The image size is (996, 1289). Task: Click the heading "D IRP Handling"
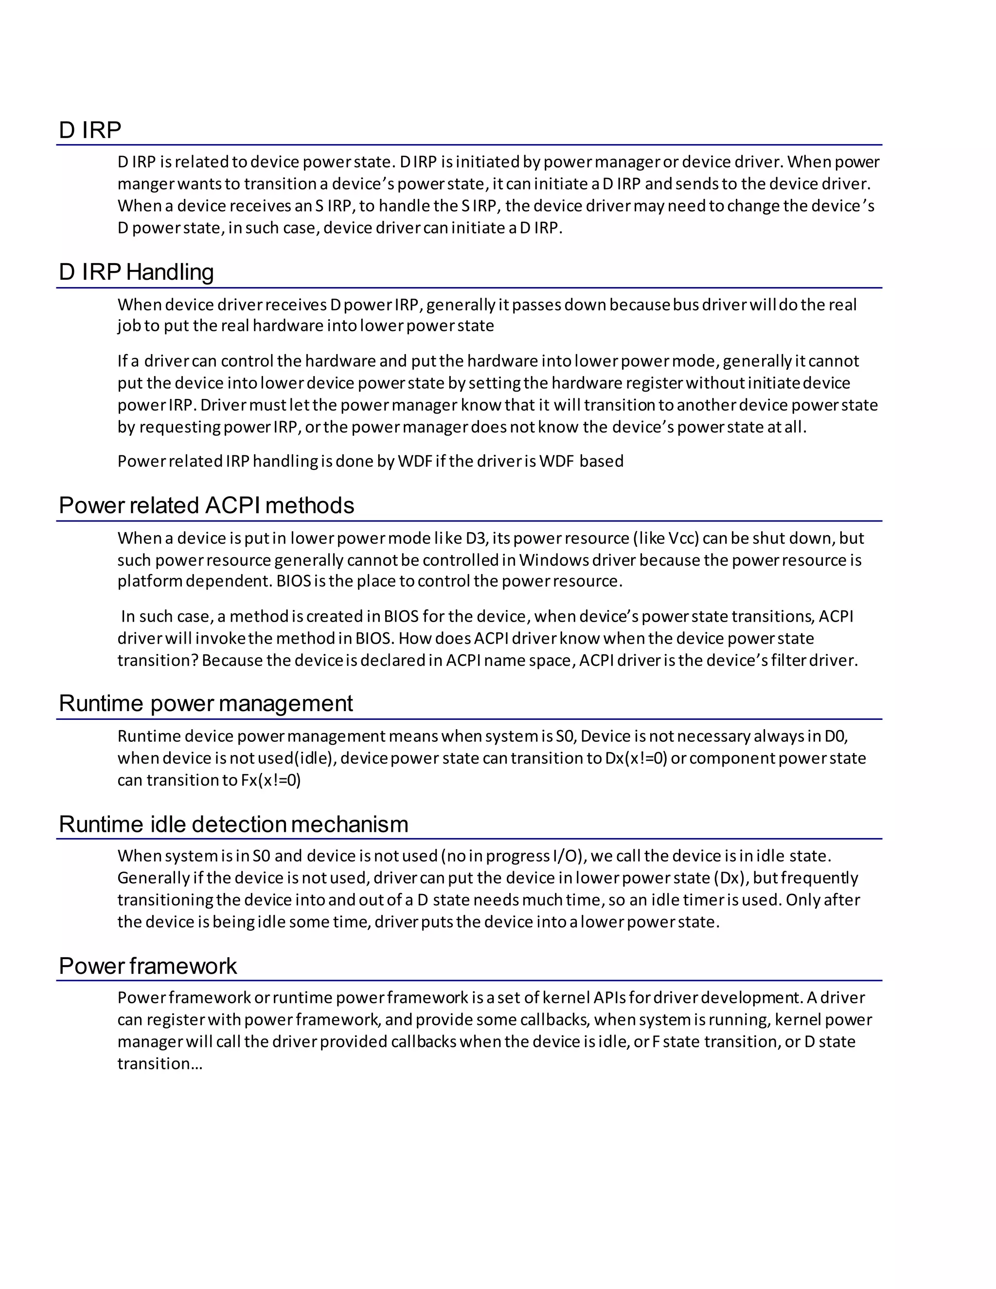click(136, 272)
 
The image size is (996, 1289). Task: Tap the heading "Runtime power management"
click(205, 703)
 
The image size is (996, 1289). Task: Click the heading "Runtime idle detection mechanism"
click(233, 824)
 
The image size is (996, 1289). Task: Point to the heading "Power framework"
click(147, 966)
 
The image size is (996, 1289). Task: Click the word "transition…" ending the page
click(160, 1063)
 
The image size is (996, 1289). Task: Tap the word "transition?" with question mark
click(158, 661)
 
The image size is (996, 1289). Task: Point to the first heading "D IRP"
click(89, 130)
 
